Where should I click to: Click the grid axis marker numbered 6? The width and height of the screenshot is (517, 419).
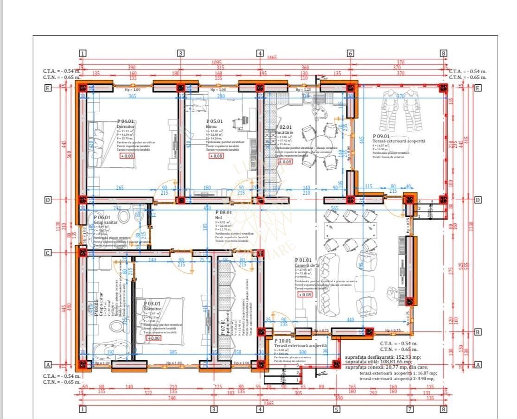coord(351,53)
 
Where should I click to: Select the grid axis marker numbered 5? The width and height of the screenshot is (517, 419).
coord(337,409)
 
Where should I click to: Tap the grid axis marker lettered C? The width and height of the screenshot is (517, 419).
coord(47,253)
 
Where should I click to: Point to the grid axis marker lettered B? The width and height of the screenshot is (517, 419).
coord(478,332)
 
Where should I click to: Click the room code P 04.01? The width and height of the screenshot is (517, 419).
coord(126,121)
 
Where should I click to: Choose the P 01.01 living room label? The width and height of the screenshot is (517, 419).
coord(303,260)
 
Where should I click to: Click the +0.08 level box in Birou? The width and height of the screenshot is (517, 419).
coord(216,156)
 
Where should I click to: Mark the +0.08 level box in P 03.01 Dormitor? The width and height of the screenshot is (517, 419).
coord(154,338)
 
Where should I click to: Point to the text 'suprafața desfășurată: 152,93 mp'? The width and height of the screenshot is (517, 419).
coord(383,357)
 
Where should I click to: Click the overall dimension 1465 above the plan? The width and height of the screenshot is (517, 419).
coord(272,57)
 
